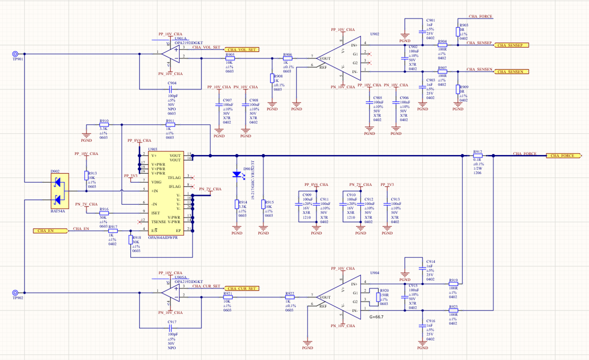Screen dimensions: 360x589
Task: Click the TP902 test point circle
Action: pyautogui.click(x=15, y=292)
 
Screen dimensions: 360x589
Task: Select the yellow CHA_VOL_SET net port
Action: pyautogui.click(x=241, y=50)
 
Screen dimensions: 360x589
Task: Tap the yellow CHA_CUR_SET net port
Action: pyautogui.click(x=241, y=288)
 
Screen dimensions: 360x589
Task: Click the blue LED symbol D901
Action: pyautogui.click(x=237, y=174)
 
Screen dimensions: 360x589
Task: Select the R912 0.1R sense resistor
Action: pyautogui.click(x=477, y=156)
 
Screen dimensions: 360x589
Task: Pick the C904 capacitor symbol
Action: pyautogui.click(x=171, y=89)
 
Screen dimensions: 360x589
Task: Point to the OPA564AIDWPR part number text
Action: pyautogui.click(x=163, y=237)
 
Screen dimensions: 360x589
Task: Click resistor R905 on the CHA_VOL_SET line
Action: pyautogui.click(x=229, y=58)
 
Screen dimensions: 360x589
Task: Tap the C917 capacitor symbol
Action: pyautogui.click(x=171, y=328)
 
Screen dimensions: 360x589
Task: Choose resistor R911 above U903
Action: pyautogui.click(x=170, y=124)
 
